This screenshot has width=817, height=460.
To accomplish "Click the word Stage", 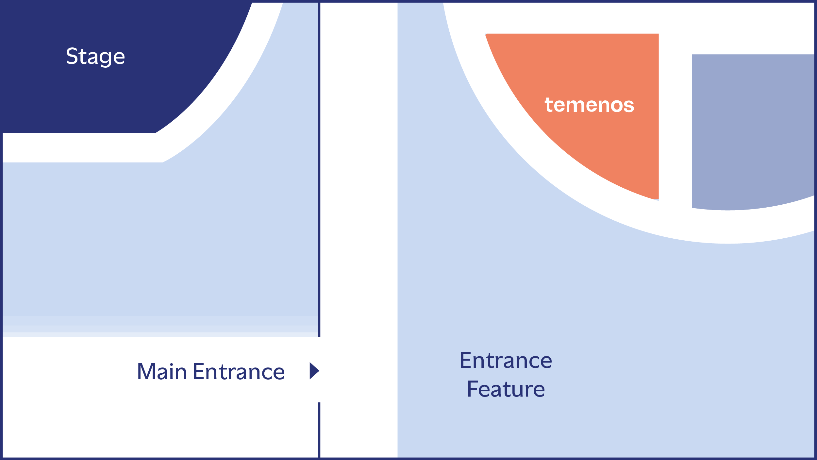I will point(95,56).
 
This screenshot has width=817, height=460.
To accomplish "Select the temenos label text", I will point(589,105).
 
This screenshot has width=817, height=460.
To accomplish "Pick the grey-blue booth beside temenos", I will point(752,131).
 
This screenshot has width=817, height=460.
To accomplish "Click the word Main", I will point(162,372).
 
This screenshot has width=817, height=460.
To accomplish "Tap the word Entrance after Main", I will point(239,372).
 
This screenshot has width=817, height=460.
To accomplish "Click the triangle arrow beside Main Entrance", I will point(314,371).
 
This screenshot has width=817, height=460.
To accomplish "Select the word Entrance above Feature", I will point(506,360).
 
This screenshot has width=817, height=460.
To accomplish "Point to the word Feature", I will point(506,389).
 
